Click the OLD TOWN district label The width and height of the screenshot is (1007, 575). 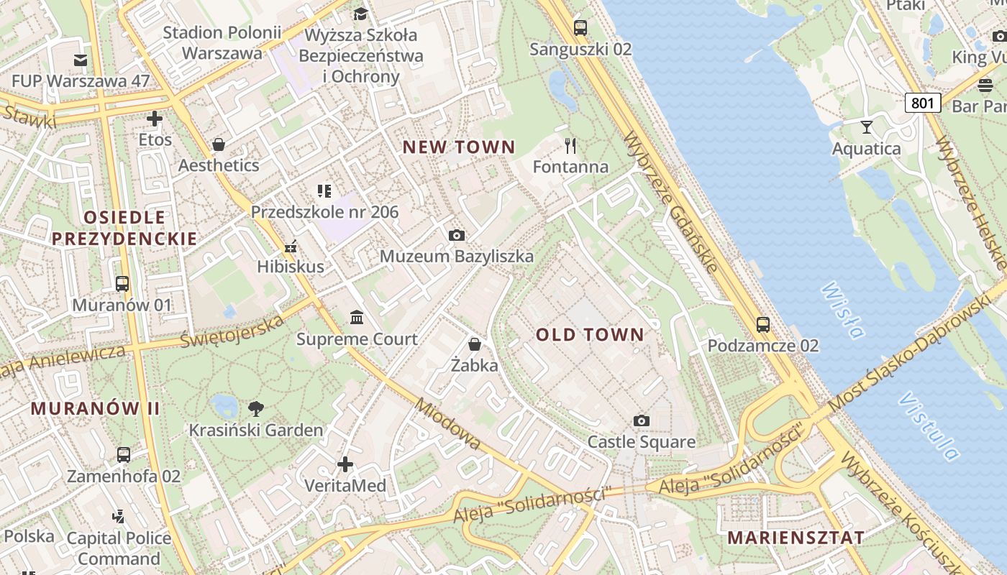click(590, 334)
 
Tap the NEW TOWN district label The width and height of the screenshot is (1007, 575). click(458, 147)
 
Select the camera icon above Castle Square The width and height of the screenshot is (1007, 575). click(642, 420)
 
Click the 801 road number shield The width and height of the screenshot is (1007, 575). click(922, 103)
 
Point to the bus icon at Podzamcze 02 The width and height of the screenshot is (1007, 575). click(762, 325)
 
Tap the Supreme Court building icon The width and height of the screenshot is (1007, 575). click(356, 317)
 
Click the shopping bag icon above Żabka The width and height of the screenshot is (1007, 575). click(474, 344)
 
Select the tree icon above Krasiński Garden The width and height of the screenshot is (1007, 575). click(255, 409)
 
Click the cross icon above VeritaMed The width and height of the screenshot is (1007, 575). click(345, 464)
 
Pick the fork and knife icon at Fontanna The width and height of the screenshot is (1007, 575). click(570, 146)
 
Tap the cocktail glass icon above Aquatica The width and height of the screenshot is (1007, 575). click(866, 127)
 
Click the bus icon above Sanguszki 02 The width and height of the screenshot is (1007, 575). click(580, 28)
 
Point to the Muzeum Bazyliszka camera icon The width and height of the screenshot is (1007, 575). click(456, 235)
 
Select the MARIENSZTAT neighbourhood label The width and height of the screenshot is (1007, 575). click(796, 538)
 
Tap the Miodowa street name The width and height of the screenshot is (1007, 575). click(447, 423)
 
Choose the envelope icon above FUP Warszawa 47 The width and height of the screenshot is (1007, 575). click(80, 60)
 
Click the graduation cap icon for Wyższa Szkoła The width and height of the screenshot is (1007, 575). click(360, 14)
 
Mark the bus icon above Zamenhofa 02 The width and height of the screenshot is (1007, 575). click(124, 454)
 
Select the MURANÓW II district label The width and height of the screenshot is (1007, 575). click(95, 408)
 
